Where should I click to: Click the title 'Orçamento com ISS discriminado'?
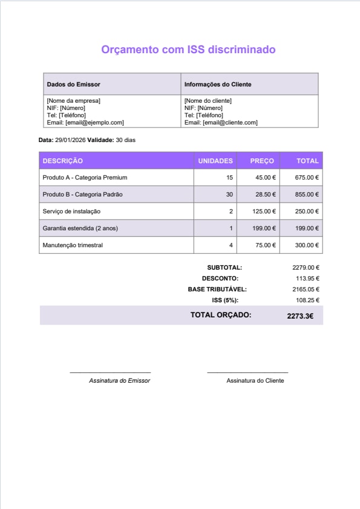click(188, 50)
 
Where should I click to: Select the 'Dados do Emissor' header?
click(73, 85)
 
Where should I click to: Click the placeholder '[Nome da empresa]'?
click(73, 100)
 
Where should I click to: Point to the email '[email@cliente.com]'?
click(230, 122)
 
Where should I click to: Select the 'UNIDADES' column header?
click(215, 161)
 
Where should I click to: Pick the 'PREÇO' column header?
click(262, 161)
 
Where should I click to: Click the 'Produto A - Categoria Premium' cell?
click(85, 178)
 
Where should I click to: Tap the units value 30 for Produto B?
click(229, 195)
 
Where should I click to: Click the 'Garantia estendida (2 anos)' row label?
click(79, 229)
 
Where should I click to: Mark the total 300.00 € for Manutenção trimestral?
click(307, 245)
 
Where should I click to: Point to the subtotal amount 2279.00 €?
click(306, 267)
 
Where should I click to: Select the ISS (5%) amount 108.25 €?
click(307, 300)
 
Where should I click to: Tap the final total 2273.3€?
click(300, 316)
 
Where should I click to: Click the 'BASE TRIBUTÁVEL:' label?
click(217, 289)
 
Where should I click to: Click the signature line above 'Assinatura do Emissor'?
click(110, 373)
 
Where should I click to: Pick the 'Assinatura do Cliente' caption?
click(255, 381)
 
